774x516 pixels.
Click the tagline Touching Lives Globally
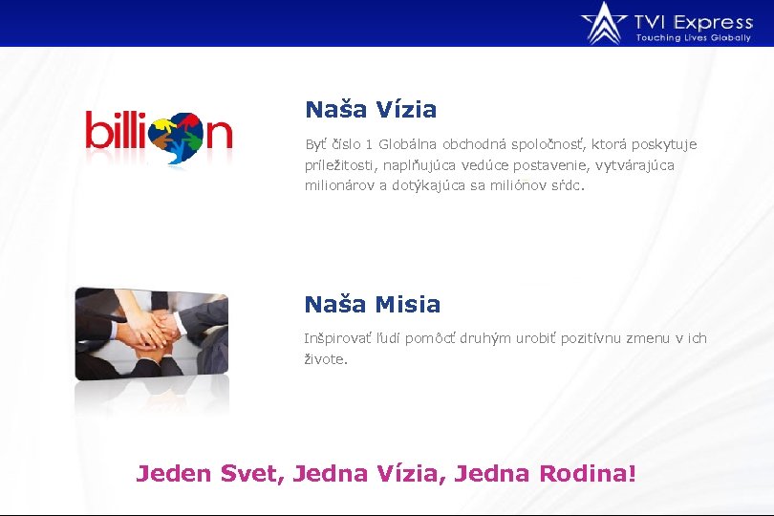tap(694, 37)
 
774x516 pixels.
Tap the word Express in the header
tap(713, 21)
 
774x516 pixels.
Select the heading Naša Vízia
tap(371, 110)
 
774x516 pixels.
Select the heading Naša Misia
tap(373, 305)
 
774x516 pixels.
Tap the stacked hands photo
tap(152, 333)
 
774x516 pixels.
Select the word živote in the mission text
tap(325, 359)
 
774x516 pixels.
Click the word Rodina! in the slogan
tap(588, 473)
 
